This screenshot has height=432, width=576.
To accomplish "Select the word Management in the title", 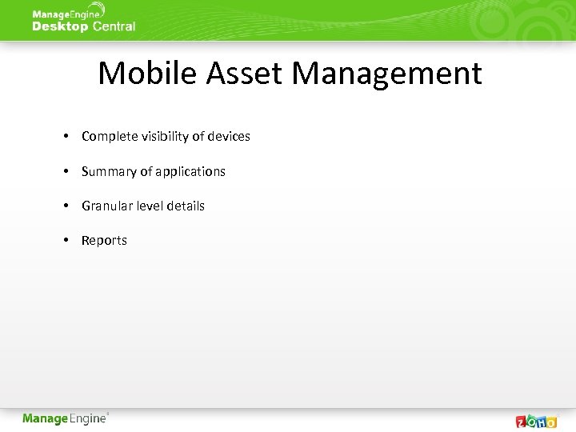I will point(386,74).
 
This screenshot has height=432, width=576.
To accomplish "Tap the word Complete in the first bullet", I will point(110,137).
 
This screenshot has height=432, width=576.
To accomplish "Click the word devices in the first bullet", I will point(229,137).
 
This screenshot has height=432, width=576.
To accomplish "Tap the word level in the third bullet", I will point(149,206).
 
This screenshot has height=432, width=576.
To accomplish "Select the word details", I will point(186,206).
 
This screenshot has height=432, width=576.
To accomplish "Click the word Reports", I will point(104,241).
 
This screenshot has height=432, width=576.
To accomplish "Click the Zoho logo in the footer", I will point(536,421).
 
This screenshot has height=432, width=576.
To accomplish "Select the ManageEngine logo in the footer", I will point(66,418).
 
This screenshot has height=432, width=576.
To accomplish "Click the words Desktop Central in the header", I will point(84,26).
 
